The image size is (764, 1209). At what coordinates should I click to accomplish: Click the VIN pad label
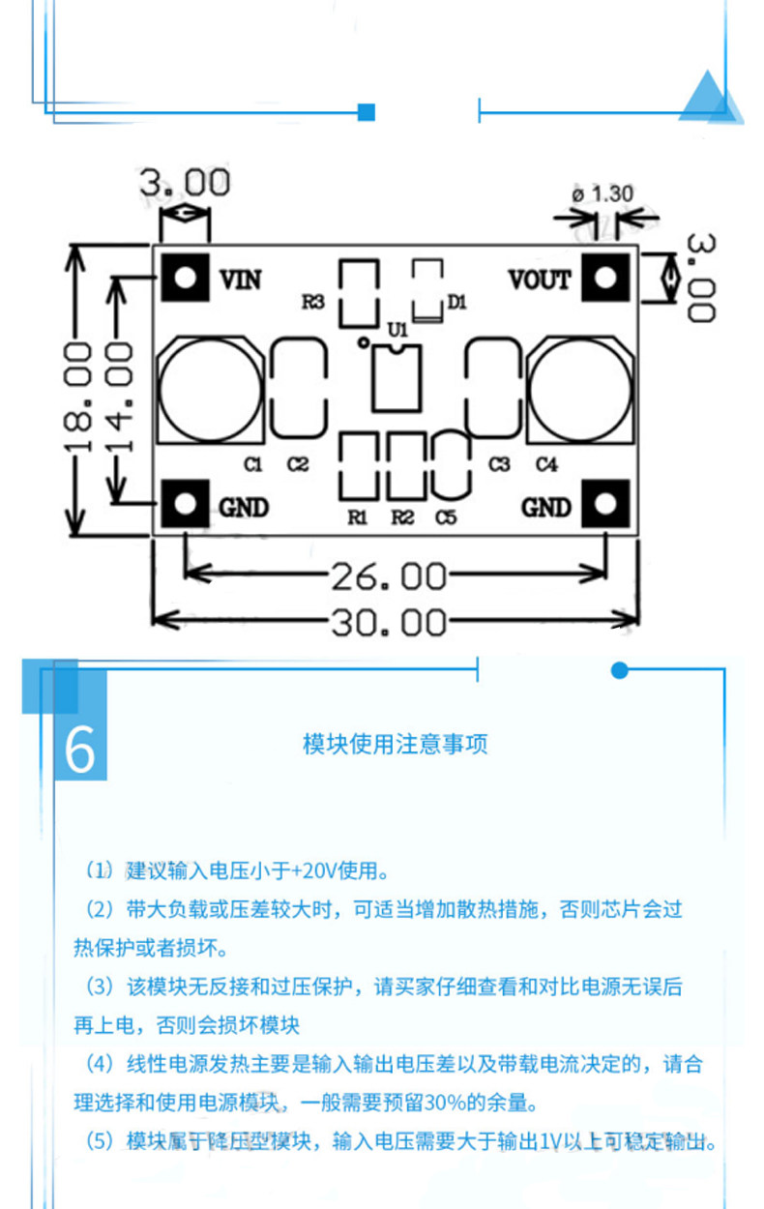241,280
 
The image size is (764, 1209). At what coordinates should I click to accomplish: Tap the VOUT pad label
540,280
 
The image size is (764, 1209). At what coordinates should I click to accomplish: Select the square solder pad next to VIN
185,278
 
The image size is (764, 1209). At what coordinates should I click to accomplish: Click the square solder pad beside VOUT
605,278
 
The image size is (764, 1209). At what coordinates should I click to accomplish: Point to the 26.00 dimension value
389,577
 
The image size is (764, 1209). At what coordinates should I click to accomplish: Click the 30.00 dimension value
389,622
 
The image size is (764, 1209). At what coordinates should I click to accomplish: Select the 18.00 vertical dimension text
78,396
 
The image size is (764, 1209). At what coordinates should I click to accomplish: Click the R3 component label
312,303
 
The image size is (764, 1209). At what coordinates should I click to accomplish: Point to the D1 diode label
457,303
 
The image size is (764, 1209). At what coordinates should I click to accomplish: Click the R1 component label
358,517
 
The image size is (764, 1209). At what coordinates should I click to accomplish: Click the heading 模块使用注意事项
396,744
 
